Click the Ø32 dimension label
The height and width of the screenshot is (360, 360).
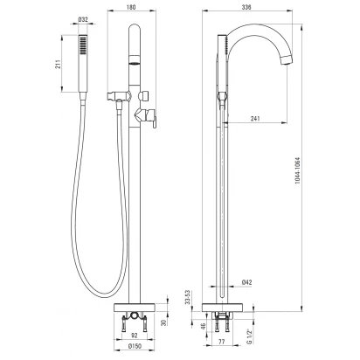pyautogui.click(x=83, y=19)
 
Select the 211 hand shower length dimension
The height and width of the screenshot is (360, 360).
pyautogui.click(x=59, y=64)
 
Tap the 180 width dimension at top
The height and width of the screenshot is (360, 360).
pyautogui.click(x=131, y=7)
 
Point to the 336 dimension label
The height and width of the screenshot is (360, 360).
pyautogui.click(x=246, y=7)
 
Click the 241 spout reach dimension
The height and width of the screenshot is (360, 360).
pyautogui.click(x=255, y=119)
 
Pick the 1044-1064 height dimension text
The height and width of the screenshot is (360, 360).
pyautogui.click(x=297, y=170)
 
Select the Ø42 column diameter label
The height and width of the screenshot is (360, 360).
pyautogui.click(x=246, y=282)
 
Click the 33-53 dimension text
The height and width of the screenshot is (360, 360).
pyautogui.click(x=187, y=297)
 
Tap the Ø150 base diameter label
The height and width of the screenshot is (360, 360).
pyautogui.click(x=135, y=346)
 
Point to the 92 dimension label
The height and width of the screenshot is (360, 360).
pyautogui.click(x=134, y=336)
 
